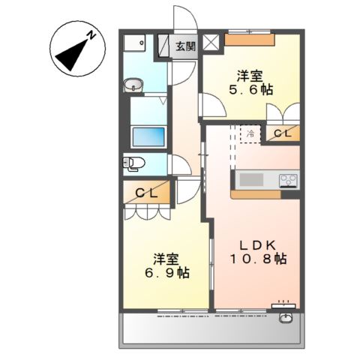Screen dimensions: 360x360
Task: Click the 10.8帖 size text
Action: pyautogui.click(x=259, y=259)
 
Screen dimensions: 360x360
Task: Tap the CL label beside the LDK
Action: pyautogui.click(x=283, y=133)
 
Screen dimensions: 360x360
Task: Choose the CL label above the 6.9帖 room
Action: pyautogui.click(x=146, y=193)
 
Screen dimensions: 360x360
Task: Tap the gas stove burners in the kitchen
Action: pyautogui.click(x=288, y=180)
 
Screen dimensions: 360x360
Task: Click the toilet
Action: pyautogui.click(x=132, y=162)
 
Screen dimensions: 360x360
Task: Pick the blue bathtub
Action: pyautogui.click(x=148, y=136)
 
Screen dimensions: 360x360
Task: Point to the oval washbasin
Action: pyautogui.click(x=133, y=83)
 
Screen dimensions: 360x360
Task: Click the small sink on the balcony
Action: pyautogui.click(x=286, y=318)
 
